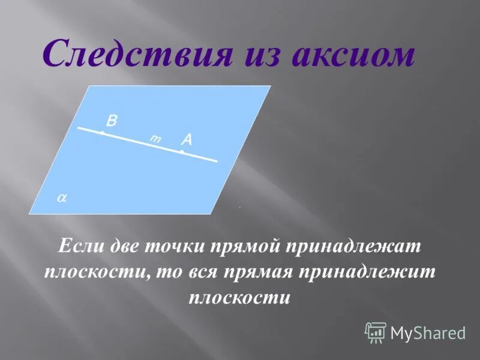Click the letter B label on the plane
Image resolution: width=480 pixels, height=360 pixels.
(112, 121)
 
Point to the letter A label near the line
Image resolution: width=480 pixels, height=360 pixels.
(187, 140)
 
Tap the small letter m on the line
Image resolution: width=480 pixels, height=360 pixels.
(155, 139)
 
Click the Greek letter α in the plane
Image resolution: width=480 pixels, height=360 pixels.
(61, 197)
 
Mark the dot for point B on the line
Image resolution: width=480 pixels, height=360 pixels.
(102, 133)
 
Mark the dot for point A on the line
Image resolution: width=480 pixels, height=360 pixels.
(181, 151)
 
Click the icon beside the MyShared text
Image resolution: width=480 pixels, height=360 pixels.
(376, 332)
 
